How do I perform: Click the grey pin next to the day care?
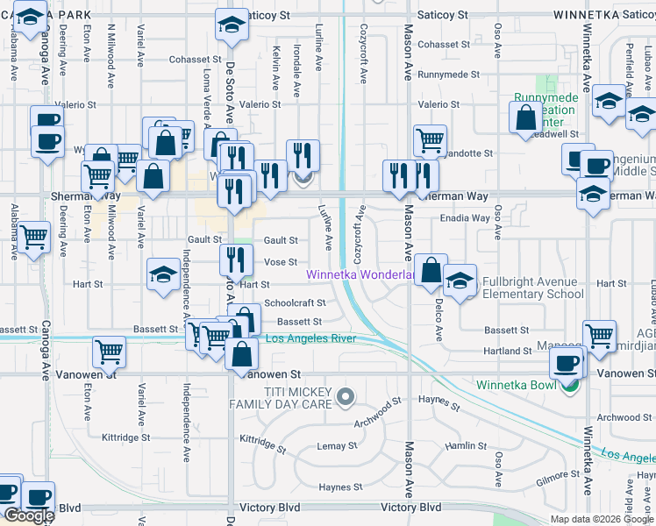point(346,398)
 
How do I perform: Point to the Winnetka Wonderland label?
point(360,275)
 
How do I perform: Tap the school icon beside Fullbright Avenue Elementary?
point(460,281)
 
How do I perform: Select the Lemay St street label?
point(338,445)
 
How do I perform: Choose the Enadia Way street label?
point(466,217)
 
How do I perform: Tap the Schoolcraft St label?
point(295,302)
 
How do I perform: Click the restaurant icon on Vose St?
point(235,259)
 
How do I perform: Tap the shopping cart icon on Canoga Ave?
point(34,236)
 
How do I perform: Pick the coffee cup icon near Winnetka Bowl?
point(567,362)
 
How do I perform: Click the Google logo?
point(28,516)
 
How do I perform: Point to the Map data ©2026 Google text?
point(602,519)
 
